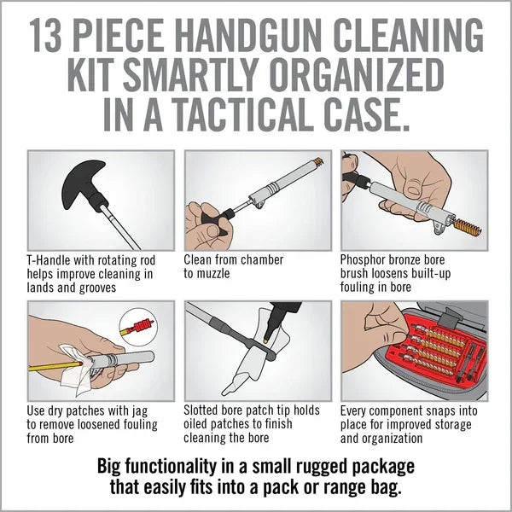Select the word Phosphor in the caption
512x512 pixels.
pos(368,259)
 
